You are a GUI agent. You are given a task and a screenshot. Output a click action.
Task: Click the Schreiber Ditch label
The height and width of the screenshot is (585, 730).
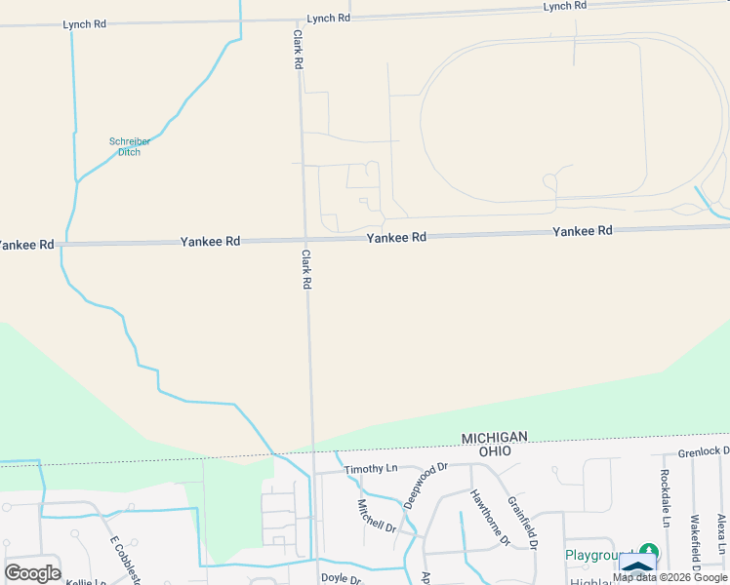coord(124,146)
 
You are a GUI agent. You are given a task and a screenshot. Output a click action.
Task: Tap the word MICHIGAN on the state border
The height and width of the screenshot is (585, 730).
coord(495,438)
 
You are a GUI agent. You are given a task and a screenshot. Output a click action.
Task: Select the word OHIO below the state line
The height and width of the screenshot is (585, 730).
coord(495,451)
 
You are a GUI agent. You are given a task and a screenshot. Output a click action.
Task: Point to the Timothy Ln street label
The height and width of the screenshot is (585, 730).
coord(370,469)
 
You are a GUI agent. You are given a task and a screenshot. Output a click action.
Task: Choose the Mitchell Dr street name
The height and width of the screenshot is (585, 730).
coord(376,516)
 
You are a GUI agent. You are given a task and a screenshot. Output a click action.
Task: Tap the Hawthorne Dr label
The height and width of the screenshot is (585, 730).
coord(491,515)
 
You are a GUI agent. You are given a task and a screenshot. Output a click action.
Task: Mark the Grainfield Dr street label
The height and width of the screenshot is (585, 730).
coord(523,523)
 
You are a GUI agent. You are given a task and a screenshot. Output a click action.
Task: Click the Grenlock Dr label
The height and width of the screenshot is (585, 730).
coord(704,451)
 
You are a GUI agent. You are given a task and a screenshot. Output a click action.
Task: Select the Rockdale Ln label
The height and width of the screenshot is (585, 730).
coord(665,495)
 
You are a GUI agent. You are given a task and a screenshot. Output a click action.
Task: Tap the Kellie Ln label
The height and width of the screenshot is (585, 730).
coord(85,582)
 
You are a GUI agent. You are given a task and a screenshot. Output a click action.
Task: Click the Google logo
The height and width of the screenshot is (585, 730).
coord(31,572)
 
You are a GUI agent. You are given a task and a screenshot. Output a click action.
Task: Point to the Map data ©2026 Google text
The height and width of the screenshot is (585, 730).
coord(670,577)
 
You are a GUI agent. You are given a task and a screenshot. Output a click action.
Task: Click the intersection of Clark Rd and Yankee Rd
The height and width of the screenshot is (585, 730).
coord(305,240)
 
